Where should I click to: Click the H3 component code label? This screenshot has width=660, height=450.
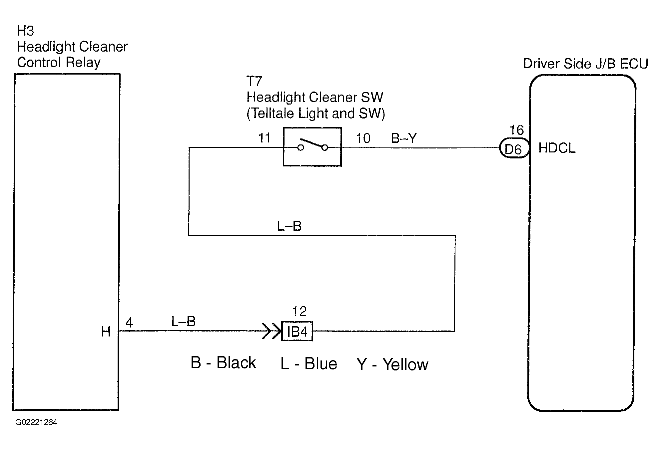[26, 31]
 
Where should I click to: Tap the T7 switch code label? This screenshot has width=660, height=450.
[254, 82]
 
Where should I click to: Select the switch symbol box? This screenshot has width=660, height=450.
[312, 147]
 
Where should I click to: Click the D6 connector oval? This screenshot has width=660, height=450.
[514, 148]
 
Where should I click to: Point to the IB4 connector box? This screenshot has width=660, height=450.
[297, 331]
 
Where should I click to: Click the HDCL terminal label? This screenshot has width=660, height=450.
[557, 148]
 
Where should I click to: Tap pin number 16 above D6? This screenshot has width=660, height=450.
[517, 130]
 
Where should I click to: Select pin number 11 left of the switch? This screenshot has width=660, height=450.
[265, 138]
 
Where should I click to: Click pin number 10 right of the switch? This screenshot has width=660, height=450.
[363, 138]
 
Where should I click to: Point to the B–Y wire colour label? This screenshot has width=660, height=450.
[404, 138]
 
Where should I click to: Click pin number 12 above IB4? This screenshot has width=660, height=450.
[299, 312]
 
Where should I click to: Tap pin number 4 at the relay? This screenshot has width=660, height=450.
[129, 323]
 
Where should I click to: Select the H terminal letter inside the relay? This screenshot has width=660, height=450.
[106, 332]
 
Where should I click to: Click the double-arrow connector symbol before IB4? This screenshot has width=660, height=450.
[272, 331]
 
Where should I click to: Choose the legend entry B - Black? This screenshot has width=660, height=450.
[223, 362]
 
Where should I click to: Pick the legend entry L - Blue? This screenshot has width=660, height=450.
[309, 363]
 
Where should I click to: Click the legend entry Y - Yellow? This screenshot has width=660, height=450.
[392, 364]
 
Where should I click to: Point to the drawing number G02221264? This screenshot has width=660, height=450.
[36, 422]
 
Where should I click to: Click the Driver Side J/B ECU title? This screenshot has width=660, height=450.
[585, 64]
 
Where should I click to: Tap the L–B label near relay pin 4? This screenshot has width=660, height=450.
[183, 322]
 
